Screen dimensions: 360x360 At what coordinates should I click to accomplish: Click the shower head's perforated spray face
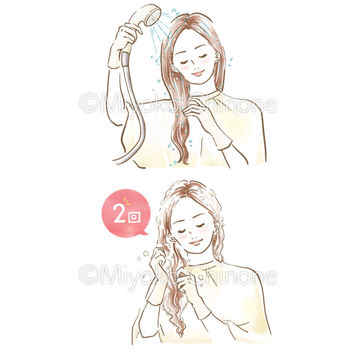point(153,18)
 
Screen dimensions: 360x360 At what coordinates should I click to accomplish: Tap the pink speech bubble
point(126,213)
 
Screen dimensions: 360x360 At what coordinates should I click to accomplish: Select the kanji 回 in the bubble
point(134,217)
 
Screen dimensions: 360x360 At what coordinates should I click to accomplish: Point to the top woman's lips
point(198,74)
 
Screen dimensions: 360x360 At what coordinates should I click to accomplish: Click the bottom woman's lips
point(195,242)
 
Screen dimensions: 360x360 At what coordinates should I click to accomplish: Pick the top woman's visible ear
point(218,57)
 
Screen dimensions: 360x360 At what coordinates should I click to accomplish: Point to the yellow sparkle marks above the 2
point(127,201)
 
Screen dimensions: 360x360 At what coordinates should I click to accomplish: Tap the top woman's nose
point(195,67)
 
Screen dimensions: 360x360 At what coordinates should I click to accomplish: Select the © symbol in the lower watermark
point(89,275)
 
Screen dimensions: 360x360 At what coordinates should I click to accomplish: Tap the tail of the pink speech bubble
point(145,233)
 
